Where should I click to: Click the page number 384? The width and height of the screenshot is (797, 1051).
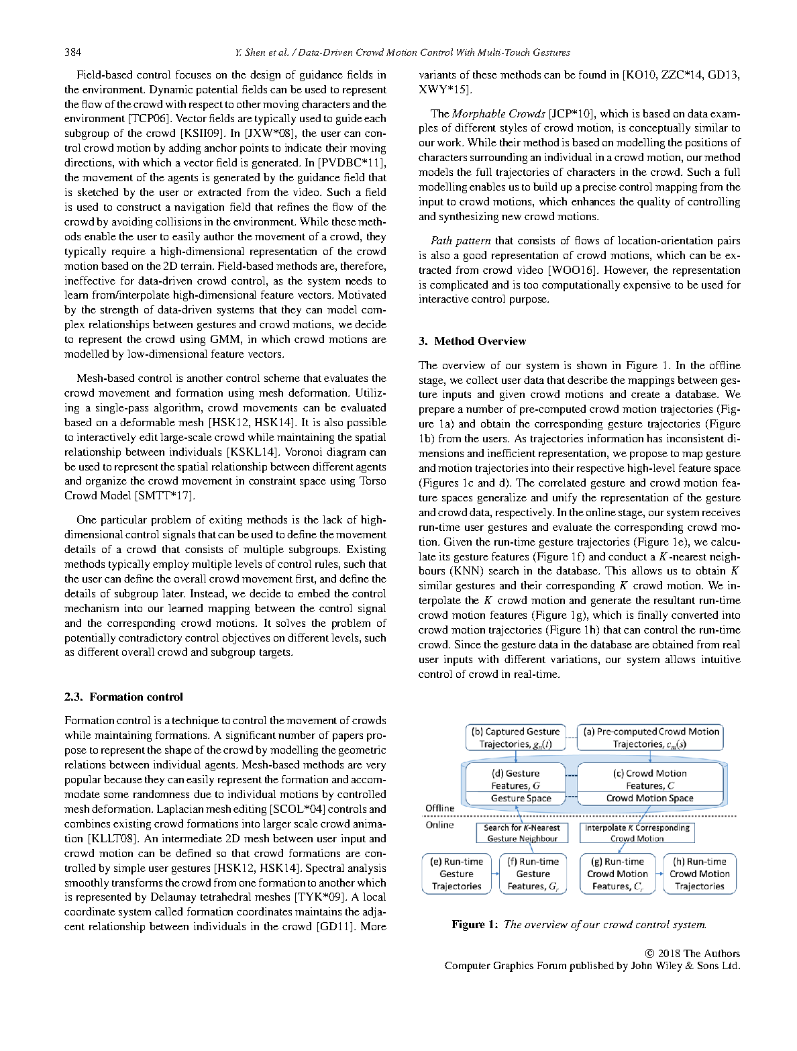(x=73, y=52)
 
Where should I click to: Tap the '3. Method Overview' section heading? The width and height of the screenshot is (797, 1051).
(x=472, y=341)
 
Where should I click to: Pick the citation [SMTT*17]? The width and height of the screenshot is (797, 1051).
(x=164, y=496)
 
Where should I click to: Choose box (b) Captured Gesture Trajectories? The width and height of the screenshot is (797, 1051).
(x=515, y=738)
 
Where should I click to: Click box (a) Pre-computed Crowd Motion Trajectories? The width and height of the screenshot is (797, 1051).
(x=650, y=738)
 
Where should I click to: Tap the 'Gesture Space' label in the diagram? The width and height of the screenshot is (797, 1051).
(x=521, y=799)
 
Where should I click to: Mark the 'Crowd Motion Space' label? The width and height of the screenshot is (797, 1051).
(x=649, y=799)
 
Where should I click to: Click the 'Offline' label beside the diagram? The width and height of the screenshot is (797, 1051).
(x=440, y=808)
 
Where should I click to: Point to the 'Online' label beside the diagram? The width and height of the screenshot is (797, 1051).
(x=440, y=825)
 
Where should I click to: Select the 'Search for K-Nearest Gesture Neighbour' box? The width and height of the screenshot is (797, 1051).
(x=522, y=833)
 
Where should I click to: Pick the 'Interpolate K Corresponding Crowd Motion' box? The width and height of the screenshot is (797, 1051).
(x=637, y=833)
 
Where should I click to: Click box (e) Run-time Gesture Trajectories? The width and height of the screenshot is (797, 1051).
(x=456, y=874)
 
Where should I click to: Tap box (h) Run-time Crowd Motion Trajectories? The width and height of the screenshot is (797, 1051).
(x=699, y=874)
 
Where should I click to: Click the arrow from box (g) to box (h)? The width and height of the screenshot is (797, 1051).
(x=659, y=874)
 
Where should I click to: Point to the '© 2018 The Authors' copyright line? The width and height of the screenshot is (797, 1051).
(x=692, y=953)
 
